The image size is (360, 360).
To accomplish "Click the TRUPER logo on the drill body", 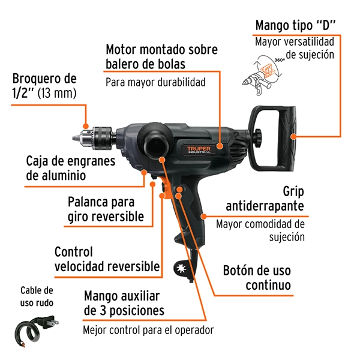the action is coord(199,149).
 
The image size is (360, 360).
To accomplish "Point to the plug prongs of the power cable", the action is coord(54,322).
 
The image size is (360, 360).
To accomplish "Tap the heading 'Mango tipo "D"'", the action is coord(295,25).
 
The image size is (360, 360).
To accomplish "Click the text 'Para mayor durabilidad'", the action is coord(155,82).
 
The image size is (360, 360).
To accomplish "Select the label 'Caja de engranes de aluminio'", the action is coord(71,168).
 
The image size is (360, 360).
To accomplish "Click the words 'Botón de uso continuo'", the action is coord(257,278).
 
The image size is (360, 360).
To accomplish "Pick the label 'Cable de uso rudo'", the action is coord(37,296).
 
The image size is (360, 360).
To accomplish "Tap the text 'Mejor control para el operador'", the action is coord(148,330).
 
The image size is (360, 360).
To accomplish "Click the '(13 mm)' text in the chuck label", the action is coord(57,93).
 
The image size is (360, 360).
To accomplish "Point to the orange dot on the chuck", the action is coord(86,126).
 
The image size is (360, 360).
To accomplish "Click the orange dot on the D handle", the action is coord(293,136).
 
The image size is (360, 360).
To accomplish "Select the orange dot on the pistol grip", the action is coord(203,216).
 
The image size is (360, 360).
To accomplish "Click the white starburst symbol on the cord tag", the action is coord(181,268).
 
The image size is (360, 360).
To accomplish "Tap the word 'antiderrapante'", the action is coord(265,206).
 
